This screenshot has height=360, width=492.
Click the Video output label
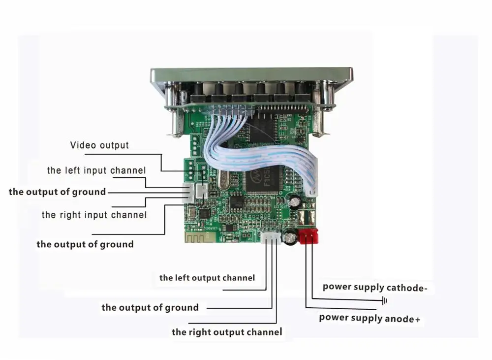pyautogui.click(x=99, y=145)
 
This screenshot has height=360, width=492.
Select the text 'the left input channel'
pyautogui.click(x=96, y=171)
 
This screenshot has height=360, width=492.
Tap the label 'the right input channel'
pyautogui.click(x=94, y=215)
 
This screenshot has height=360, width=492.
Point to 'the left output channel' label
pyautogui.click(x=207, y=278)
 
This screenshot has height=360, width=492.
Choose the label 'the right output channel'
pyautogui.click(x=227, y=332)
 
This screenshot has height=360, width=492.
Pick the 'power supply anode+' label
pyautogui.click(x=369, y=318)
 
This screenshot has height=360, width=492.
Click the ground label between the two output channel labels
pyautogui.click(x=150, y=308)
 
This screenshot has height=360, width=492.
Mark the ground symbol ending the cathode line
pyautogui.click(x=385, y=300)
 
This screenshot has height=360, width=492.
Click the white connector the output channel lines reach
pyautogui.click(x=271, y=238)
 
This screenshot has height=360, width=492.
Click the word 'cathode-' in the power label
pyautogui.click(x=406, y=288)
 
